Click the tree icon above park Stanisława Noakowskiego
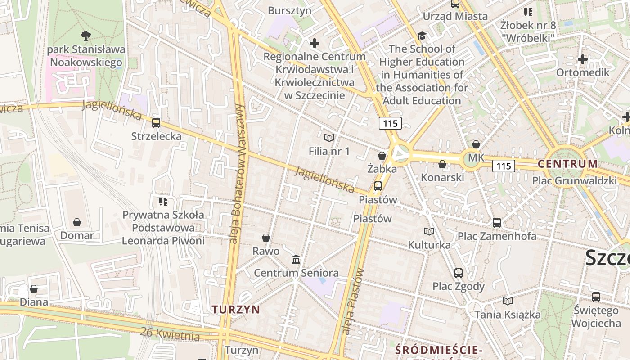(x=85, y=36)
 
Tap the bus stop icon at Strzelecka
(x=156, y=122)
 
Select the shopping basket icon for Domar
(x=77, y=222)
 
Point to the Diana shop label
(x=34, y=301)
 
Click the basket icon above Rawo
(x=266, y=238)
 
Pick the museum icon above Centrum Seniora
(x=296, y=259)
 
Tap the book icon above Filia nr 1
(x=329, y=138)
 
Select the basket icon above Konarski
(x=442, y=164)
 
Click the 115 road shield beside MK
(x=504, y=166)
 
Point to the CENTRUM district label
(x=568, y=163)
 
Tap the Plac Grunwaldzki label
(x=574, y=181)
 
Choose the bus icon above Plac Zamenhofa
(x=497, y=222)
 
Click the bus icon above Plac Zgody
(x=459, y=273)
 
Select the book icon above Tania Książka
(x=508, y=301)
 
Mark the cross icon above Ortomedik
(x=583, y=59)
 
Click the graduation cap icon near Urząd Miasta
(x=422, y=36)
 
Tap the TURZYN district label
(x=236, y=309)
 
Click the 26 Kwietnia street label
(x=170, y=333)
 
